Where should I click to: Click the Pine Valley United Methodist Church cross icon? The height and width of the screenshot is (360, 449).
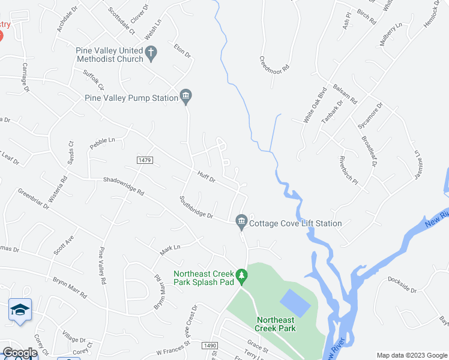tap(151, 53)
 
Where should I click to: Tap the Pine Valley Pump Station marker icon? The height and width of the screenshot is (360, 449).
tap(186, 97)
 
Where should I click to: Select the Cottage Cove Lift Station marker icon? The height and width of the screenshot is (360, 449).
tap(241, 223)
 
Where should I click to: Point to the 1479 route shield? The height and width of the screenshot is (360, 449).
tap(145, 160)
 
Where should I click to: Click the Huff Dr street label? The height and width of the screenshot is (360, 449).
tap(206, 176)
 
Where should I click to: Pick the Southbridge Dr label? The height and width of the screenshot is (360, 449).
tap(196, 206)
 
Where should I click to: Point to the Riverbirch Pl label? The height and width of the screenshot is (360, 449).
tap(348, 170)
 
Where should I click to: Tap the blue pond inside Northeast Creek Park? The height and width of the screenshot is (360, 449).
tap(295, 303)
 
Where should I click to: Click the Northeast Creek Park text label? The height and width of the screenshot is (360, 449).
tap(276, 324)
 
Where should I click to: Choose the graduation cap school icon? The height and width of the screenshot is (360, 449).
tap(20, 310)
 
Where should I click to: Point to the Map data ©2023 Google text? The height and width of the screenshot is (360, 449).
tap(411, 355)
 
